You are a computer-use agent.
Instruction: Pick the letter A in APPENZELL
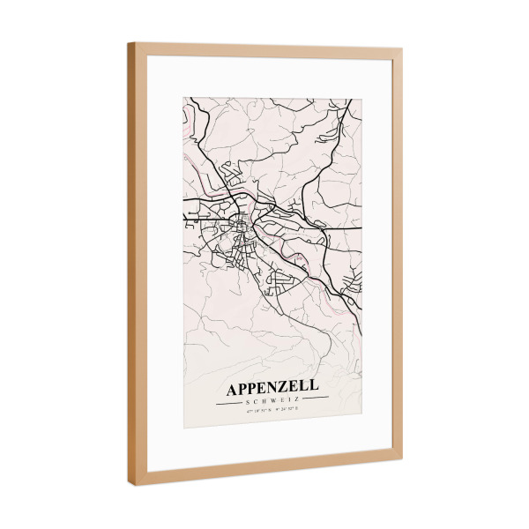[232, 389]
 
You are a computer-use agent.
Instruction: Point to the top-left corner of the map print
[183, 98]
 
